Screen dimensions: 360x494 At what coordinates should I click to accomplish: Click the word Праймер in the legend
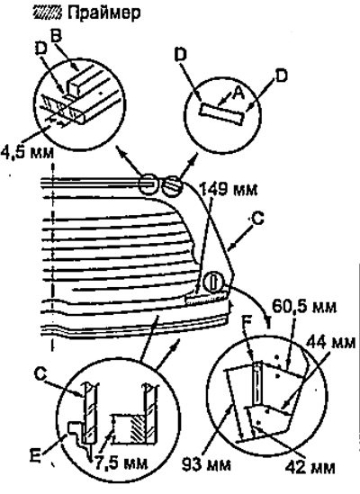click(x=104, y=13)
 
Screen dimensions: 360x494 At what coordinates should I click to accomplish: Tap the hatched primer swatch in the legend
click(x=48, y=13)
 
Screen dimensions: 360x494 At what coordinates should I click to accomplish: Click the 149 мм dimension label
click(x=229, y=190)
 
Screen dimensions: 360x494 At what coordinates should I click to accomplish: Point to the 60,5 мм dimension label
click(x=304, y=306)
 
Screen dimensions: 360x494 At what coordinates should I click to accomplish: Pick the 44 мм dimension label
click(x=331, y=342)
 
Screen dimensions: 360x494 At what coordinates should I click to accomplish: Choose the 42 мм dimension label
click(x=310, y=467)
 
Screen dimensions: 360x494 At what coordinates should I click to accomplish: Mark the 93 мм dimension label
click(x=206, y=464)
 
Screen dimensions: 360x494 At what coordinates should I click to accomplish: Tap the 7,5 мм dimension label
click(x=121, y=463)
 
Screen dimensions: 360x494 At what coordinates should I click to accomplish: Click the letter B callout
click(x=56, y=37)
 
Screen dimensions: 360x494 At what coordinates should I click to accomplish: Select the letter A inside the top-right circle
click(x=238, y=94)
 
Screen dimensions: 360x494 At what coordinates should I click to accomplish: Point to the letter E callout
click(x=35, y=456)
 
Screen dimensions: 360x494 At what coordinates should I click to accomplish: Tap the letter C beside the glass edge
click(x=257, y=219)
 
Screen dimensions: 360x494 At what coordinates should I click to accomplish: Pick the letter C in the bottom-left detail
click(x=40, y=374)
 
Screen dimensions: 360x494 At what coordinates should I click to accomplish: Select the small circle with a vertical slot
click(x=213, y=282)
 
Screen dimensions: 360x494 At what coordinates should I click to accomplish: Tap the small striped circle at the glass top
click(x=172, y=187)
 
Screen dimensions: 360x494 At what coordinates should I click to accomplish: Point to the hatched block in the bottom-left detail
click(x=138, y=429)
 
